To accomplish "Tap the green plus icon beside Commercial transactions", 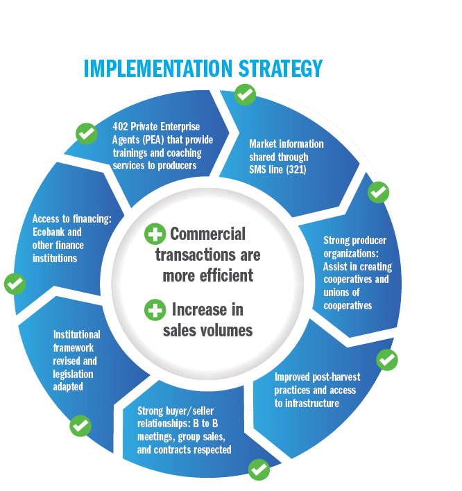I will (x=155, y=234).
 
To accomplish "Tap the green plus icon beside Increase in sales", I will (x=155, y=309).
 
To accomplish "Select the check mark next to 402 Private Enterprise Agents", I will (x=86, y=133).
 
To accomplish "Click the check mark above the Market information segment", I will (x=244, y=94).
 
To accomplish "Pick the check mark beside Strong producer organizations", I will (x=378, y=191).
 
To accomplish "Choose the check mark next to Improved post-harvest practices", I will (x=386, y=359).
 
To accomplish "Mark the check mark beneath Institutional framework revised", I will (x=80, y=425).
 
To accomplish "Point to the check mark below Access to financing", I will (x=15, y=284).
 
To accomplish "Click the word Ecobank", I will (x=49, y=232).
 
